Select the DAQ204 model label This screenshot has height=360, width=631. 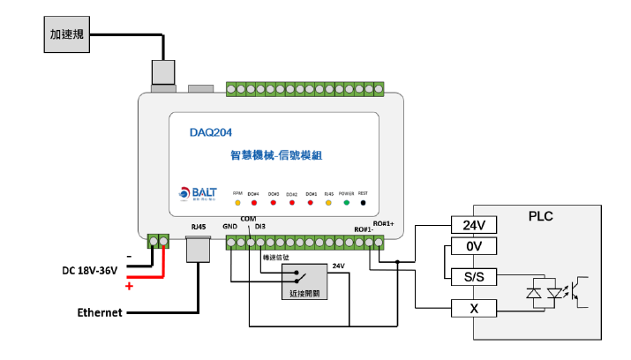tap(211, 133)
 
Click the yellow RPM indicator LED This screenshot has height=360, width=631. tap(237, 202)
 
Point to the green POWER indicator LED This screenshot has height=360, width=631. tap(346, 202)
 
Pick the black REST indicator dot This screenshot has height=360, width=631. tap(363, 202)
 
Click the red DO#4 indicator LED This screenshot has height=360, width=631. tap(254, 202)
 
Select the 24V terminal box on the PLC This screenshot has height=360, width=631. tap(475, 225)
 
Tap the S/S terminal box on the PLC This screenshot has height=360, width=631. tap(475, 277)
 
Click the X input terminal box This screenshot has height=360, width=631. tap(475, 308)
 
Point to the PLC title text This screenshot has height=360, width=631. tap(541, 216)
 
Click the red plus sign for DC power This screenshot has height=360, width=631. tap(129, 286)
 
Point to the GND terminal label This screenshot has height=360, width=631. tap(230, 227)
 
